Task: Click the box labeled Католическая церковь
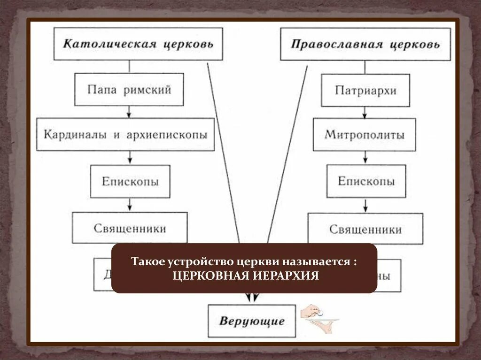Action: [138, 44]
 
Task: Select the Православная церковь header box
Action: [365, 44]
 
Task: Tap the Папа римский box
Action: [129, 89]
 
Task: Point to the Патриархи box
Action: [365, 90]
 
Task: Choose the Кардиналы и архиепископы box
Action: [125, 135]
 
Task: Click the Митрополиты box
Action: [365, 135]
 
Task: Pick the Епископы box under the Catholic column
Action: [130, 181]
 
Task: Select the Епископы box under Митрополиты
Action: [366, 181]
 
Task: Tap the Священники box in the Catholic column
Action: [130, 228]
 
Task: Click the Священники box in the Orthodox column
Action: [365, 229]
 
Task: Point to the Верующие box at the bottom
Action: [252, 322]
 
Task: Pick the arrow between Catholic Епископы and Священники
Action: [130, 205]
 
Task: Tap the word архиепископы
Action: [166, 135]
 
